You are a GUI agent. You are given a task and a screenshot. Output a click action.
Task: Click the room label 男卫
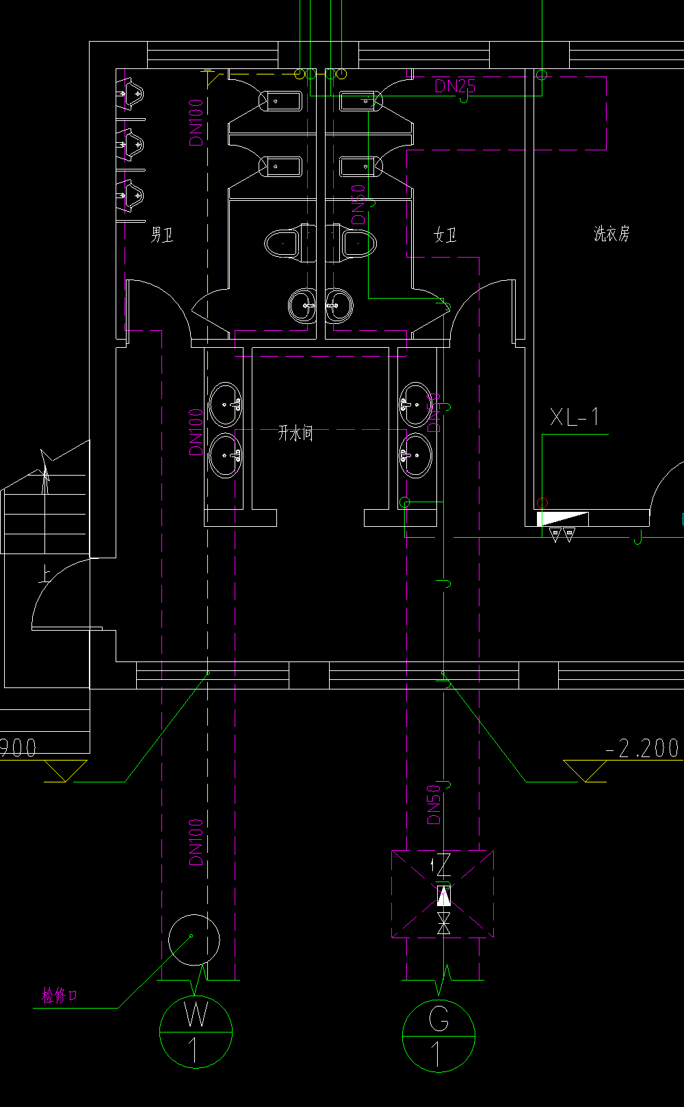click(162, 236)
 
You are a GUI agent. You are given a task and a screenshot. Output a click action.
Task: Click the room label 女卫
click(445, 236)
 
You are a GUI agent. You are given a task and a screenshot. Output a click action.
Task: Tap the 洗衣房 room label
click(611, 234)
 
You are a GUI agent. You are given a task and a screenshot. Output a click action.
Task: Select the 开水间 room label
click(295, 433)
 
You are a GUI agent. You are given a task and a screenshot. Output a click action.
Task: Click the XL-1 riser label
click(575, 417)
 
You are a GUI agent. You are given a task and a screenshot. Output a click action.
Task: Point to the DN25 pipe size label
click(455, 86)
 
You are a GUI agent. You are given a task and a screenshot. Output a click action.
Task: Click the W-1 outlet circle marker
click(196, 1031)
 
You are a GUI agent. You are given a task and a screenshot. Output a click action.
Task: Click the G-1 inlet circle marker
click(438, 1036)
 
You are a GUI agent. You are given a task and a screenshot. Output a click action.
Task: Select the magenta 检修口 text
click(60, 996)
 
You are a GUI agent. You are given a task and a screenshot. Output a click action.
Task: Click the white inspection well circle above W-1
click(194, 940)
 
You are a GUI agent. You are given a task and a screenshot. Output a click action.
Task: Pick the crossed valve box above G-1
click(443, 894)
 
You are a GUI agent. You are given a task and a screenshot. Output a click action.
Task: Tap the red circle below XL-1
click(542, 504)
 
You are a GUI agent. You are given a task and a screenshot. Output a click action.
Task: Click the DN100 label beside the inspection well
click(196, 843)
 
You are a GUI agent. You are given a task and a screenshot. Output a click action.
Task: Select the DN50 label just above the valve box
click(434, 804)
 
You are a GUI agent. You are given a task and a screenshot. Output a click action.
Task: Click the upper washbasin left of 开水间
click(225, 405)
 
